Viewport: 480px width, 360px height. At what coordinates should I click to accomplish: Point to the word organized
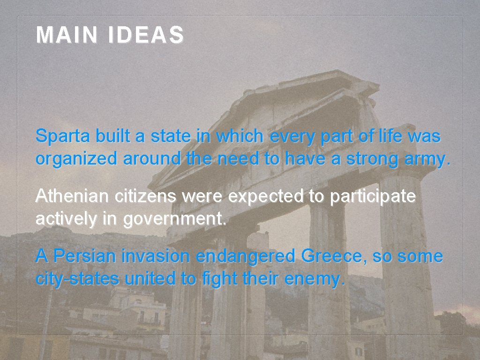[x=77, y=159]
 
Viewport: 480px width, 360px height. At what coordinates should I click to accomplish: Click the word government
[x=175, y=219]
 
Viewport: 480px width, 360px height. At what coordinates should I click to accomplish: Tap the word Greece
[x=334, y=256]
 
